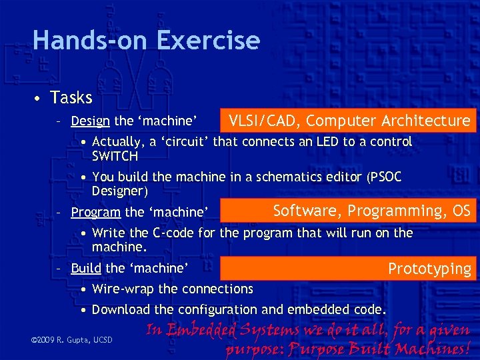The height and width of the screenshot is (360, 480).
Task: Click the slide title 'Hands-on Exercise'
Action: point(146,40)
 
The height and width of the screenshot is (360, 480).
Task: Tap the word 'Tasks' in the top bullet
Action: point(71,97)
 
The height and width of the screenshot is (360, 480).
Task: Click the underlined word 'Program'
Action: point(95,212)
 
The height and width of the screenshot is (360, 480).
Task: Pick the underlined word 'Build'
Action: point(85,268)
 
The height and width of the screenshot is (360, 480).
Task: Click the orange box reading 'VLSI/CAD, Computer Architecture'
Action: point(349,121)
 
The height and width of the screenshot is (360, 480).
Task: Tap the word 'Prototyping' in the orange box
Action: point(429,269)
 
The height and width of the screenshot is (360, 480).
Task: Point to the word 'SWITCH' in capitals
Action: point(115,157)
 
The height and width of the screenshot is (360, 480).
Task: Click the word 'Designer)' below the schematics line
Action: point(119,191)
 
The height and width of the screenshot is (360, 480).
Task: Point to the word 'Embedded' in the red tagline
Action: point(201,331)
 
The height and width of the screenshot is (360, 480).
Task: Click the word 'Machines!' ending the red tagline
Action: point(433,348)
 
